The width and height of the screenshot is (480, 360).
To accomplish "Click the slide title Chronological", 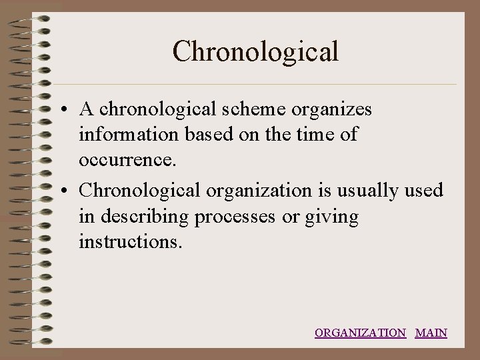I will pyautogui.click(x=255, y=51).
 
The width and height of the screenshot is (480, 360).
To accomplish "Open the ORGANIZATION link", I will pyautogui.click(x=360, y=333).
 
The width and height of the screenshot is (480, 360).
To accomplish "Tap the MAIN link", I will pyautogui.click(x=431, y=333).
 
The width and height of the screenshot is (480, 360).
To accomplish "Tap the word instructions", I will pyautogui.click(x=129, y=242).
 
